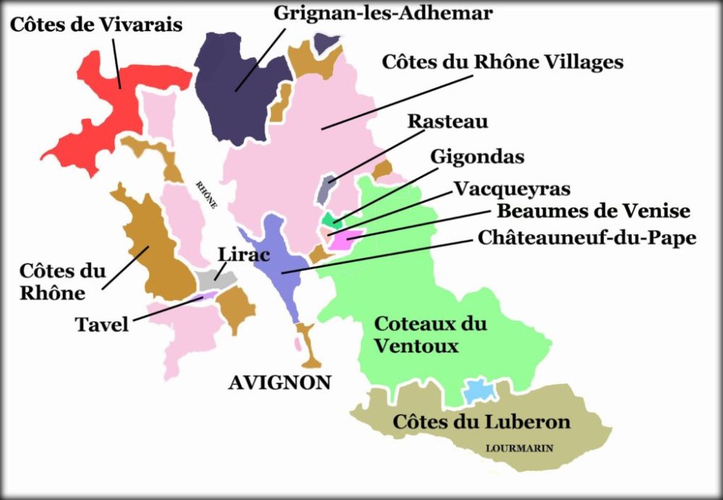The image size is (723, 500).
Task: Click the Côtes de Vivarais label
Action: pyautogui.click(x=96, y=25)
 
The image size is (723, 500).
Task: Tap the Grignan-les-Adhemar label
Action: pyautogui.click(x=384, y=12)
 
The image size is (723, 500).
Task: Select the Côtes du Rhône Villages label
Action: pyautogui.click(x=502, y=62)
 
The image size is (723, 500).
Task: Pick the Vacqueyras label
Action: pyautogui.click(x=512, y=189)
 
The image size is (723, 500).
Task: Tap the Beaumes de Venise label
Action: pyautogui.click(x=594, y=211)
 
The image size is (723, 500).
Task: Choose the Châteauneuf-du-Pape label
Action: pyautogui.click(x=587, y=237)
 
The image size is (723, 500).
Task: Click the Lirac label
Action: pyautogui.click(x=244, y=253)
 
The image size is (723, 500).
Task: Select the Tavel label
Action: pyautogui.click(x=102, y=323)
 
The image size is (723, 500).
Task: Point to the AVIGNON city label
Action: pyautogui.click(x=280, y=383)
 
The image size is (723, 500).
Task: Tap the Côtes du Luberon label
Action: pyautogui.click(x=482, y=422)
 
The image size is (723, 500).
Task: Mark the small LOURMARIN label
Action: pyautogui.click(x=519, y=449)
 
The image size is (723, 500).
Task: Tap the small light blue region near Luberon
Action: pyautogui.click(x=479, y=391)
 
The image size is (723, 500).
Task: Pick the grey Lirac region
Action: pyautogui.click(x=215, y=278)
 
